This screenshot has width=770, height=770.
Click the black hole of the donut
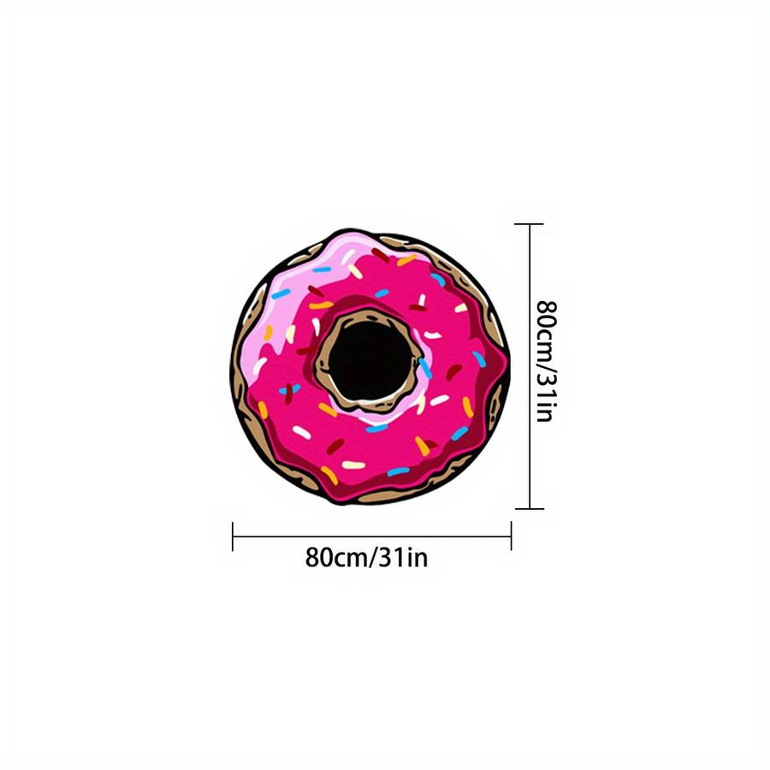370,360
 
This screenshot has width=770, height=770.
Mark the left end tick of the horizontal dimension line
232,536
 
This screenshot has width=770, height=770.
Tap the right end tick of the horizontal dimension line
512,536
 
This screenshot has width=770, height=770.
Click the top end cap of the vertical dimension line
530,224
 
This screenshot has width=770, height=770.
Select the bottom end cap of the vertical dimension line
530,509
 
